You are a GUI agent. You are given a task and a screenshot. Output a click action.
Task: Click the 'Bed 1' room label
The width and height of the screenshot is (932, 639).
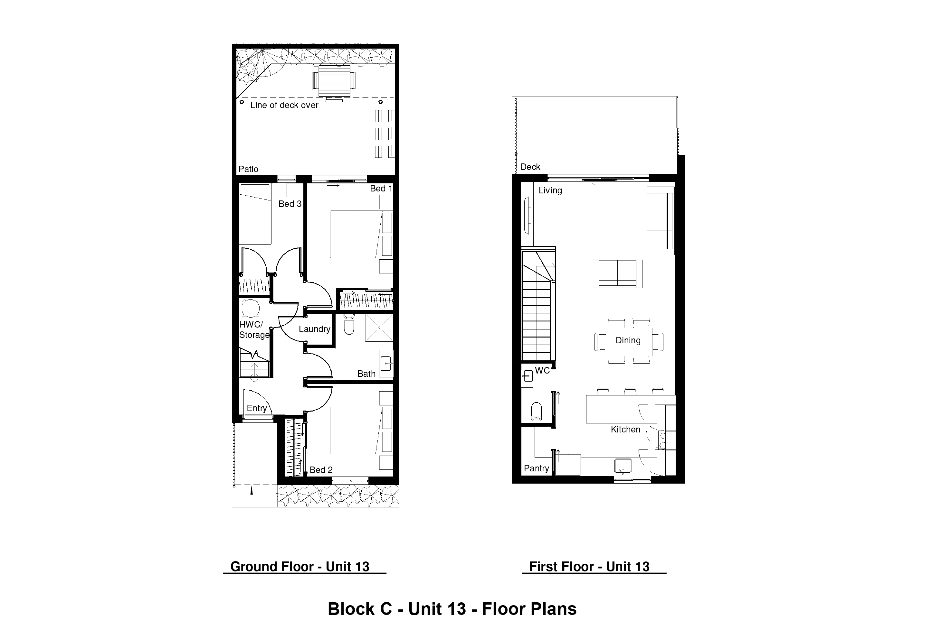381,188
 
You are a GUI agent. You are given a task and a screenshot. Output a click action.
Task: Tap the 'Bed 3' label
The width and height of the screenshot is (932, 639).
290,204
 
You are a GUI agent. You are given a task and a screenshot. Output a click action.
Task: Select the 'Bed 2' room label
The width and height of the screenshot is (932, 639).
321,470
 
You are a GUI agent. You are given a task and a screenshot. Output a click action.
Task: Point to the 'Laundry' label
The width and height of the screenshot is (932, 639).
314,329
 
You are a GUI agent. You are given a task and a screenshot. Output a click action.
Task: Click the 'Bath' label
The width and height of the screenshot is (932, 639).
366,374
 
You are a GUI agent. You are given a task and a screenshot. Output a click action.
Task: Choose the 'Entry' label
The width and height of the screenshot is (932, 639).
257,408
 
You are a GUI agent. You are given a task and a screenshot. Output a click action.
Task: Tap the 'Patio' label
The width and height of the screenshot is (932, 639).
248,169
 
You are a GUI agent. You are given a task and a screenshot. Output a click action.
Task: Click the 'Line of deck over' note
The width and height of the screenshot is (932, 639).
284,105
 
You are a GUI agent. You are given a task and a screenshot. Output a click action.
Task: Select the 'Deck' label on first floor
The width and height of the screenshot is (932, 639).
530,167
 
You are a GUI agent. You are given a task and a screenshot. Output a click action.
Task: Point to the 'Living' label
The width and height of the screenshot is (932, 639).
550,191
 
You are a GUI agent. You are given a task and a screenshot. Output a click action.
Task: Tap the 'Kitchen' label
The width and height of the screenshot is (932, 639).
626,430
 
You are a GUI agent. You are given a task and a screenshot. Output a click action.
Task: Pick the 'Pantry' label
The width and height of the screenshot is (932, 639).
536,468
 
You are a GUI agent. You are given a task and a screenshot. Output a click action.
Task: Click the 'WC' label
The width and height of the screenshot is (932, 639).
542,371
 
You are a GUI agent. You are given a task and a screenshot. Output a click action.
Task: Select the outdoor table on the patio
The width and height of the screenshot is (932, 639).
334,81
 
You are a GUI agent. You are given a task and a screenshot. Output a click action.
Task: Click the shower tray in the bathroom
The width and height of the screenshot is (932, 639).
379,328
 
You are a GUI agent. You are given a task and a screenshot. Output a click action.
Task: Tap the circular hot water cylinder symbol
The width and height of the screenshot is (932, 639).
251,309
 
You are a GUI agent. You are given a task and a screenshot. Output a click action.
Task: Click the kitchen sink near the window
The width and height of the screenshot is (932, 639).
623,466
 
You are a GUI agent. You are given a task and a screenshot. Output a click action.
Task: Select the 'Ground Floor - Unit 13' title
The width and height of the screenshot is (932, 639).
300,567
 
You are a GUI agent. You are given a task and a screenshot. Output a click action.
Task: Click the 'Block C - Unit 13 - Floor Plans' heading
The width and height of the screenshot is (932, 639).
452,609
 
